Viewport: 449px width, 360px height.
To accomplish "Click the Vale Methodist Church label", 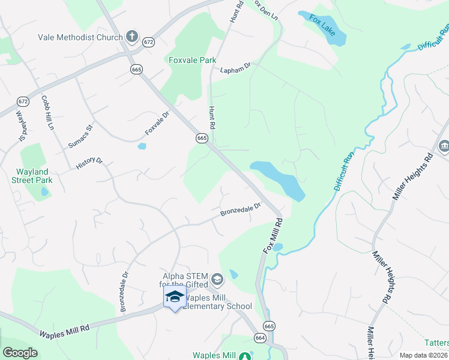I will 79,37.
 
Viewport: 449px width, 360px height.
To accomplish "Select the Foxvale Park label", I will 192,61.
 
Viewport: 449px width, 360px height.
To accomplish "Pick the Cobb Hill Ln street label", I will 47,113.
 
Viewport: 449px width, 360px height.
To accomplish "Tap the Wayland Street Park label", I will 34,176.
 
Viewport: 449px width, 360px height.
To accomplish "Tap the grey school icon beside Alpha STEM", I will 217,280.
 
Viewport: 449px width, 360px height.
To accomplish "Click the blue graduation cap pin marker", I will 175,296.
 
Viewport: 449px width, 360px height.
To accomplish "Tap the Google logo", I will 20,353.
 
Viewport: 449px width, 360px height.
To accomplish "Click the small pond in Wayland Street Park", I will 44,192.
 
